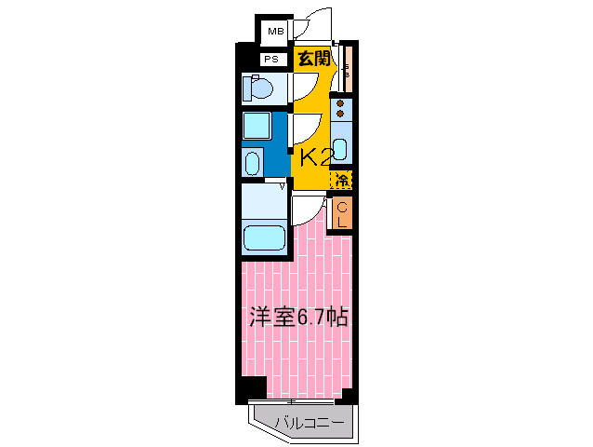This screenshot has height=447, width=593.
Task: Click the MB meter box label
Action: (x=274, y=33)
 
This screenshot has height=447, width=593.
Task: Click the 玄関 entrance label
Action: (x=313, y=58)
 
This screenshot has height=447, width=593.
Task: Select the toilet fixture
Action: (x=257, y=90)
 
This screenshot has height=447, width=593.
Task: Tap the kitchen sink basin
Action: (x=341, y=148)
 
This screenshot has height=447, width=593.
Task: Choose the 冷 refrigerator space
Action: (x=342, y=179)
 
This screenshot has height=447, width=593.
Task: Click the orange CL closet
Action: (x=342, y=214)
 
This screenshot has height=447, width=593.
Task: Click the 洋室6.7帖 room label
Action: (x=298, y=317)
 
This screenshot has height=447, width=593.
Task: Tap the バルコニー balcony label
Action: (x=310, y=424)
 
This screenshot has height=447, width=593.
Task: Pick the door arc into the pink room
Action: (x=307, y=210)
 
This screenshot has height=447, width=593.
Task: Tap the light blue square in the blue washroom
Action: (x=257, y=126)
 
